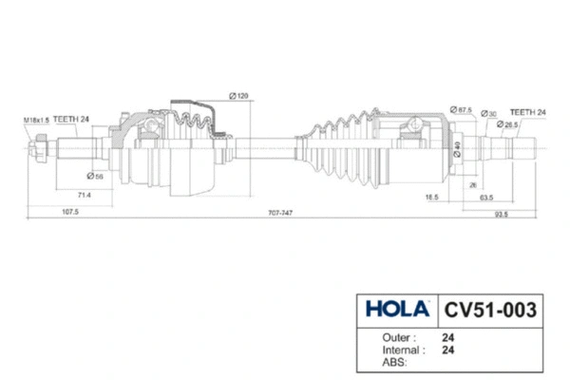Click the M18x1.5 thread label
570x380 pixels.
pos(36,120)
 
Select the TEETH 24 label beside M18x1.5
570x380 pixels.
pos(71,120)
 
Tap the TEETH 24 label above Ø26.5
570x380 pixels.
pos(528,112)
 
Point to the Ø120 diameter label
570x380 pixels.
pos(238,96)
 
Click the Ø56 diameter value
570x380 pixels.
pos(95,177)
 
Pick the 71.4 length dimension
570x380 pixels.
pos(84,196)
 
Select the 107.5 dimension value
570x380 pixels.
pos(70,212)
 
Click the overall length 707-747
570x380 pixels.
pos(280,213)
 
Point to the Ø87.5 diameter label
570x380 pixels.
pos(461,109)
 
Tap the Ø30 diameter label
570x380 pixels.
pos(488,114)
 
